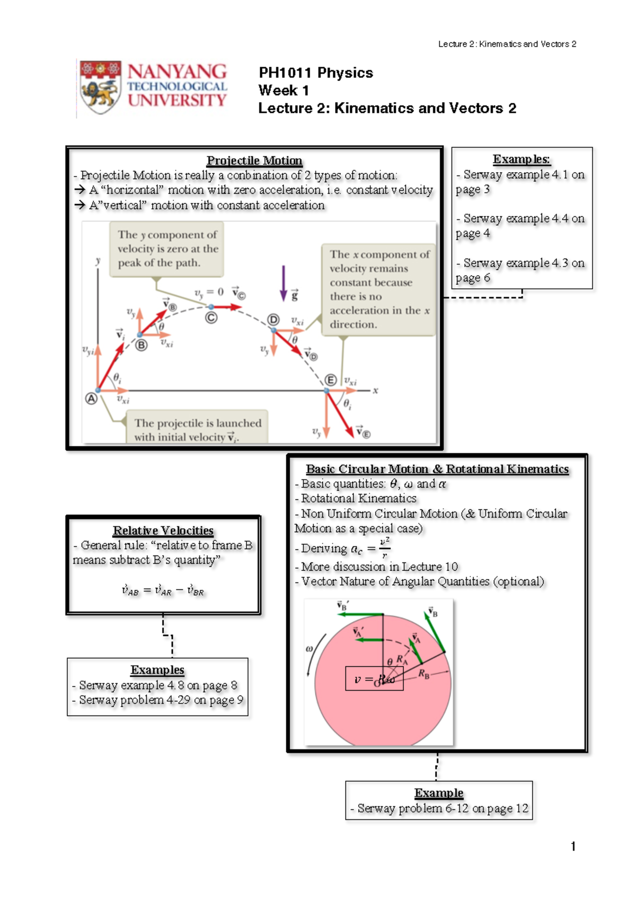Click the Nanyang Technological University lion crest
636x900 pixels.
(x=100, y=88)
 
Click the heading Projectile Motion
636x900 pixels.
(x=254, y=161)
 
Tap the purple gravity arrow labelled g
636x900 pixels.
(x=284, y=284)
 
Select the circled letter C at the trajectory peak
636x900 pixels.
(x=211, y=318)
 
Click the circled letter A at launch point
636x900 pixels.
(x=91, y=399)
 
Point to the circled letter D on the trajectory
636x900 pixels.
(x=273, y=320)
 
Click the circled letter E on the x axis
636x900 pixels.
(x=331, y=380)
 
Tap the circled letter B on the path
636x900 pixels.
(x=141, y=346)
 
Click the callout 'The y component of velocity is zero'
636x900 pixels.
(x=166, y=249)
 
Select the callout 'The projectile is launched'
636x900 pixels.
(x=197, y=429)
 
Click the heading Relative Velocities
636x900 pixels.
(x=163, y=531)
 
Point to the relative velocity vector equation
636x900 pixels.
(x=163, y=590)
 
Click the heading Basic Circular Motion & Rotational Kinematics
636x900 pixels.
(x=437, y=469)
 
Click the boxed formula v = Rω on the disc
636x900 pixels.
(x=374, y=679)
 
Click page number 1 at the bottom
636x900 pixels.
(x=573, y=846)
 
